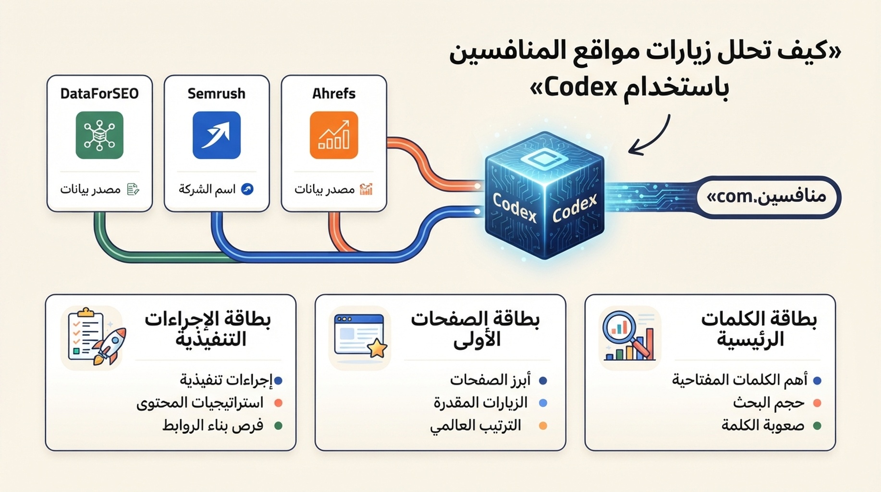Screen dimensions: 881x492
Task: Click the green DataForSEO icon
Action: (99, 135)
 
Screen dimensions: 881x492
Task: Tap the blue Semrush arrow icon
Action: (216, 135)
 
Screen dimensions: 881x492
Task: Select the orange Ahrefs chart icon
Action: (334, 135)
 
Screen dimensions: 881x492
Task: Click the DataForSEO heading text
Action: (99, 93)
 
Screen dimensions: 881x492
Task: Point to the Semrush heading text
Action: (216, 93)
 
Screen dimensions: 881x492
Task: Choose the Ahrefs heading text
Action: (334, 93)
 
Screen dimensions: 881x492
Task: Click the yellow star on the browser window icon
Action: (377, 348)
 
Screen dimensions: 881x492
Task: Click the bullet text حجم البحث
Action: (769, 403)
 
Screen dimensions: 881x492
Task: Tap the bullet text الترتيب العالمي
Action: (476, 426)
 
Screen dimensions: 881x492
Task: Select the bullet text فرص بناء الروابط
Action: (213, 425)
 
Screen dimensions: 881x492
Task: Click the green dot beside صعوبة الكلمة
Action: (817, 426)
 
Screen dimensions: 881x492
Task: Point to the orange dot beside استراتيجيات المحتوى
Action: (278, 403)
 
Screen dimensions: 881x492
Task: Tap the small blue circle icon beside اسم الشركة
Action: (247, 189)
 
